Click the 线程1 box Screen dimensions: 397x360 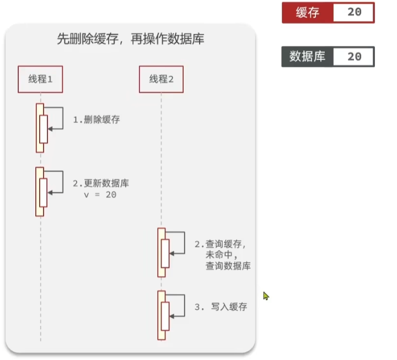(40, 79)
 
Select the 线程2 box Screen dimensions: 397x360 (161, 79)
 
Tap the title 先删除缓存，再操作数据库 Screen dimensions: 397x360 (131, 39)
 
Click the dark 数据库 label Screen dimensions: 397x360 (308, 57)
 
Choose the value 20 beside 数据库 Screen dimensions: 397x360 (355, 57)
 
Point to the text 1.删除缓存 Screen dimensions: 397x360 (96, 119)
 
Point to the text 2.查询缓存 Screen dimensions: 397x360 (219, 244)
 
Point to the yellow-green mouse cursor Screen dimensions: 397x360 (266, 296)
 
